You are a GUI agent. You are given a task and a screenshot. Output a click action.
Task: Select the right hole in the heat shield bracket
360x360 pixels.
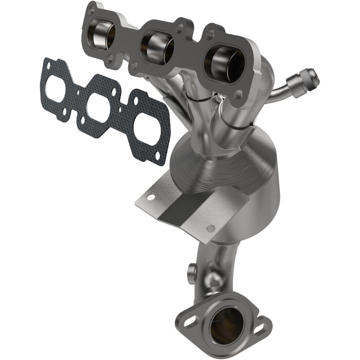tap(210, 228)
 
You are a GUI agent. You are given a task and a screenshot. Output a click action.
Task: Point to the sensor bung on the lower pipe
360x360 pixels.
tap(190, 271)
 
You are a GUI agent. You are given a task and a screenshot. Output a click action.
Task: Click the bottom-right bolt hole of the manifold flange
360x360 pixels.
tap(238, 93)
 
